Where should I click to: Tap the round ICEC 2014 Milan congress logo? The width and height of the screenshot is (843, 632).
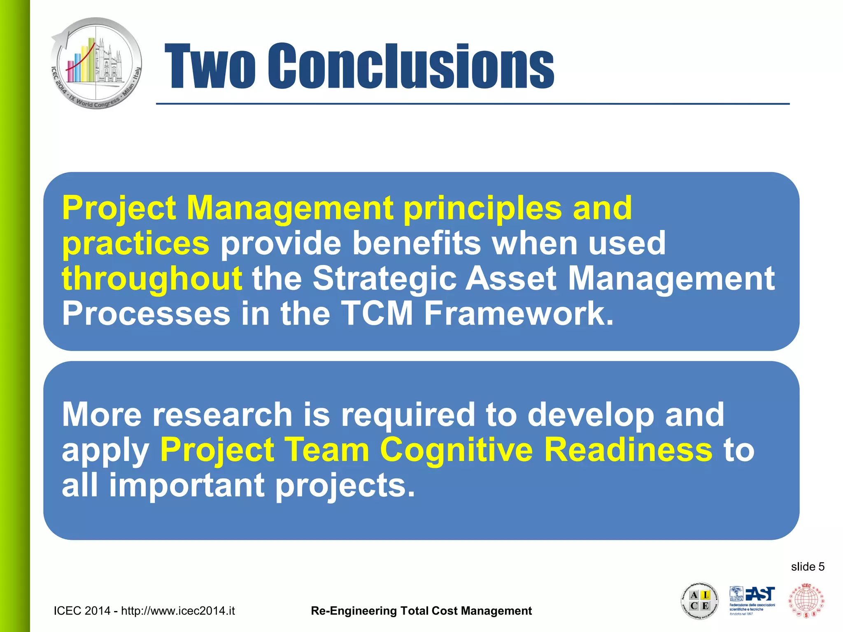click(96, 63)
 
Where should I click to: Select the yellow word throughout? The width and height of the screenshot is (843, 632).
click(152, 279)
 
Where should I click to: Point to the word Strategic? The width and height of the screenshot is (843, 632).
click(384, 279)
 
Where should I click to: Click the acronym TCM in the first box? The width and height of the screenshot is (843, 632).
click(377, 314)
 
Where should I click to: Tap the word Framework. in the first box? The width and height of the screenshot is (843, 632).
click(519, 314)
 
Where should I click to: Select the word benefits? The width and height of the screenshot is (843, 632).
click(417, 243)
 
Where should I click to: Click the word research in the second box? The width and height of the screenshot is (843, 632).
click(222, 414)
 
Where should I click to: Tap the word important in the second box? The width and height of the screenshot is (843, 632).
click(186, 485)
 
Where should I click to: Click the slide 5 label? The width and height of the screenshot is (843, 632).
click(808, 567)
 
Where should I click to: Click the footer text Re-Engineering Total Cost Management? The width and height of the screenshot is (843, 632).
click(421, 611)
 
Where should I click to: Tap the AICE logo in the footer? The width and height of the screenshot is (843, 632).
click(699, 601)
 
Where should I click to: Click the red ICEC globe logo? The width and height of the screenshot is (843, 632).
click(806, 600)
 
